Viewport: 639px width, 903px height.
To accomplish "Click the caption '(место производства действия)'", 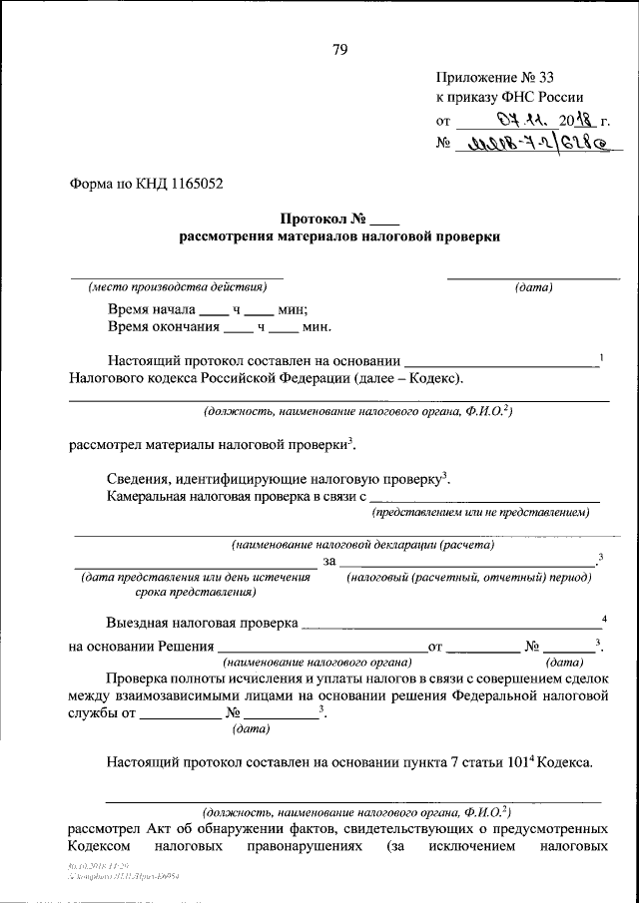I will (x=177, y=287).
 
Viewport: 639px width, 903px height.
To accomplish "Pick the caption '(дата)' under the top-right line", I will (x=533, y=287).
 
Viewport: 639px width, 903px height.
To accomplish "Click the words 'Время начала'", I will (x=151, y=308).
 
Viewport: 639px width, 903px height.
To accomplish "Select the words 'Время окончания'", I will (x=163, y=325).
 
